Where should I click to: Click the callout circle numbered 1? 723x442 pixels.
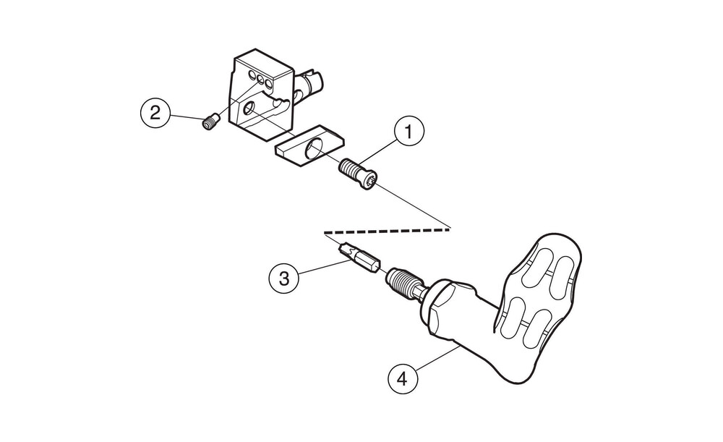(408, 132)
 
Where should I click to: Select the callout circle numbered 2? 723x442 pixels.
(155, 112)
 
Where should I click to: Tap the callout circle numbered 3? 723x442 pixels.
(284, 279)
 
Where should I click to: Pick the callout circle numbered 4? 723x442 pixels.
(403, 379)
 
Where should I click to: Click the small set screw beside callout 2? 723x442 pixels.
(210, 123)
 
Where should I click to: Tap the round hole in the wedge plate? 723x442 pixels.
(315, 148)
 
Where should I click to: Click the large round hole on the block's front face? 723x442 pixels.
(249, 109)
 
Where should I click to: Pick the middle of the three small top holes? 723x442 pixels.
(261, 80)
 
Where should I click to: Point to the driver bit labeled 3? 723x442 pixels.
(359, 259)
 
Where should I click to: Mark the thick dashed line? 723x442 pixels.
(388, 229)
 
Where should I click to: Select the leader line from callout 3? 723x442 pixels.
(324, 268)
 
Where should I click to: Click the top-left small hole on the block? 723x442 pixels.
(252, 75)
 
